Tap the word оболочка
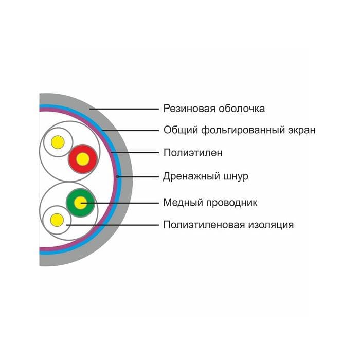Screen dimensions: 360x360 [241, 109]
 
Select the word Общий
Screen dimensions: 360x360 [177, 130]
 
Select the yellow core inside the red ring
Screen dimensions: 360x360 [82, 159]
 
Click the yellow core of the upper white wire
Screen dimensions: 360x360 [57, 141]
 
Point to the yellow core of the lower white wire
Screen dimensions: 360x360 [57, 220]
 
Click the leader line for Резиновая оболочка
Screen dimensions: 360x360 [123, 109]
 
